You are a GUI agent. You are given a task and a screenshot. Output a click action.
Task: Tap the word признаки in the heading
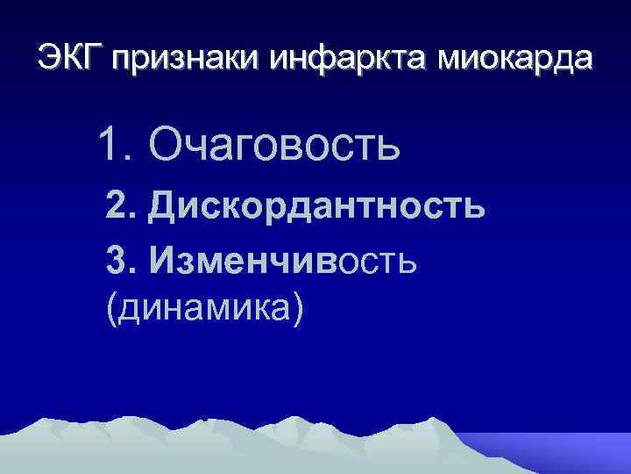[181, 60]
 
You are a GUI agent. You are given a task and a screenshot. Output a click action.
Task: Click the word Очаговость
[274, 144]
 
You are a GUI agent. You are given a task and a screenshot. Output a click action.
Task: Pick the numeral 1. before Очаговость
[116, 144]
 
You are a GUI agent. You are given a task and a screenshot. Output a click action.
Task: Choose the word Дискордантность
[316, 207]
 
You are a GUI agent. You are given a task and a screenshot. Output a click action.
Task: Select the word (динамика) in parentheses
[203, 309]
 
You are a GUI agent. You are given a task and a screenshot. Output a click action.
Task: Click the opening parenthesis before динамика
[110, 310]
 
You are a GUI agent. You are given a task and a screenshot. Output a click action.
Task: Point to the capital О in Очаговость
[167, 144]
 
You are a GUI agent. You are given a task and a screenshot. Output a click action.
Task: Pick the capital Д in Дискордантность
[165, 208]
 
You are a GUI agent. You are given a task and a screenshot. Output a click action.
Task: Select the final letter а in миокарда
[583, 60]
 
